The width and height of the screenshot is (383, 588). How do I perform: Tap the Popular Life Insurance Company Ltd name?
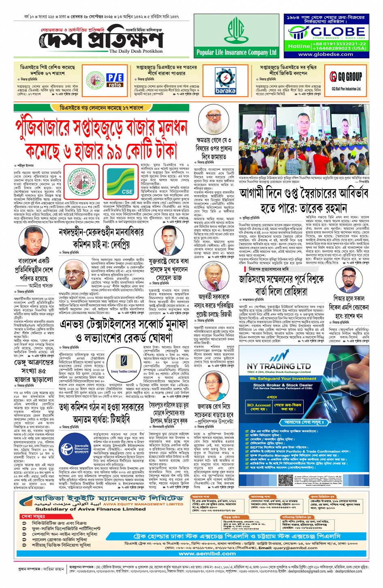point(236,52)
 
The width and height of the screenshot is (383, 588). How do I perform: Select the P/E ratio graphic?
point(115,80)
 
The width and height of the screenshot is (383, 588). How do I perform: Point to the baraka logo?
point(225,81)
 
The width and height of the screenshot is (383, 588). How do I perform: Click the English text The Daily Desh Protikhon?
point(136,51)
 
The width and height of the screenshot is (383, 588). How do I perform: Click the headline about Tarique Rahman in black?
point(304,200)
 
